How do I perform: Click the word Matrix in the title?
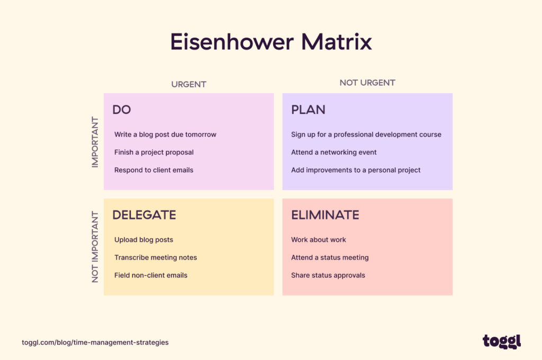pyautogui.click(x=340, y=42)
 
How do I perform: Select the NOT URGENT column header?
pyautogui.click(x=367, y=83)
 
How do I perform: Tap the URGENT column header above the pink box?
pyautogui.click(x=188, y=84)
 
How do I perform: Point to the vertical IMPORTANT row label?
pyautogui.click(x=95, y=142)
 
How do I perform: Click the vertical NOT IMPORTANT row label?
pyautogui.click(x=95, y=247)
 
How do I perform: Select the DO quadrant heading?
pyautogui.click(x=122, y=110)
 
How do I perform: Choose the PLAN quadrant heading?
pyautogui.click(x=308, y=110)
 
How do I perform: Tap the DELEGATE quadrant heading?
pyautogui.click(x=144, y=215)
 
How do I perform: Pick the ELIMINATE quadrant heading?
pyautogui.click(x=325, y=215)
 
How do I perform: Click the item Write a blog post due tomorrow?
pyautogui.click(x=165, y=134)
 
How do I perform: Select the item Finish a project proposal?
pyautogui.click(x=154, y=152)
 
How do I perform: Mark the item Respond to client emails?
pyautogui.click(x=153, y=170)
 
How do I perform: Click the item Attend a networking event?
pyautogui.click(x=333, y=152)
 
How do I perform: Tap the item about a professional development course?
pyautogui.click(x=366, y=134)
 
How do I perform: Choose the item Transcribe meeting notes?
pyautogui.click(x=156, y=257)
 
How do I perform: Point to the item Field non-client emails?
pyautogui.click(x=151, y=275)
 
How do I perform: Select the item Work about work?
pyautogui.click(x=318, y=240)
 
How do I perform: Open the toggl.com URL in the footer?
pyautogui.click(x=95, y=343)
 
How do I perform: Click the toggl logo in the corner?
pyautogui.click(x=501, y=341)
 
